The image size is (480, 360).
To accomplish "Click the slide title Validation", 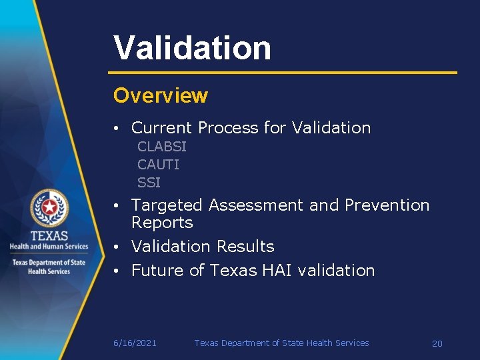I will [x=192, y=48].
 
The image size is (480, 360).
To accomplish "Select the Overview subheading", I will [x=160, y=96].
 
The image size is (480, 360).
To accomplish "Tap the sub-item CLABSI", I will [x=161, y=147].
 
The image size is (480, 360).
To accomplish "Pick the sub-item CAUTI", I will [x=158, y=165].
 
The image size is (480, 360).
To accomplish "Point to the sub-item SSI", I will [x=149, y=183].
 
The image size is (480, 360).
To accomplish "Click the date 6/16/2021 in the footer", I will [x=135, y=343].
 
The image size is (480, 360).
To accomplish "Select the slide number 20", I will [x=437, y=344].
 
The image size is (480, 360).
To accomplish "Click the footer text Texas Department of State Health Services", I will [x=281, y=343].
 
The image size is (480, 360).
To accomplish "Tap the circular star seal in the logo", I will [x=49, y=209].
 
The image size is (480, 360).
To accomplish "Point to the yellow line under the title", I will [x=283, y=72].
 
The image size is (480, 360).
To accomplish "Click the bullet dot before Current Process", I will [x=116, y=129].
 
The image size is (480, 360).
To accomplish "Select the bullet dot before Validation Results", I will [x=116, y=247].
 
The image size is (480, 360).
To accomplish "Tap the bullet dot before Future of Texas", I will [x=116, y=271].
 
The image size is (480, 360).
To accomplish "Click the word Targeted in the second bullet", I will [x=166, y=205].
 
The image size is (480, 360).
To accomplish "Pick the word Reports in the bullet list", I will [x=162, y=223].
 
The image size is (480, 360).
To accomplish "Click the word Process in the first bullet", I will [x=229, y=128].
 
